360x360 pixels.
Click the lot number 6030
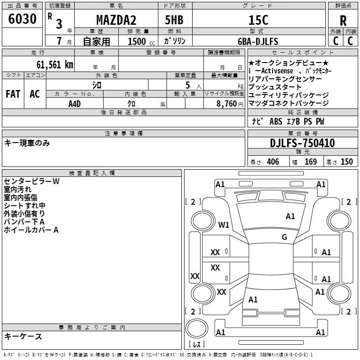(x=22, y=19)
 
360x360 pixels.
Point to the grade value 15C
(x=258, y=20)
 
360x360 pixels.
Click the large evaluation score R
(x=343, y=21)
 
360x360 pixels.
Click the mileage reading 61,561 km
(x=52, y=64)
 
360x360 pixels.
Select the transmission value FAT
(x=13, y=94)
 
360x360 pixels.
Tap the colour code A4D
(x=75, y=103)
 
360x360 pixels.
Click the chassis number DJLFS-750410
(x=302, y=143)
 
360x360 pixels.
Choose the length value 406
(x=273, y=162)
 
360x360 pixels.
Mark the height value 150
(x=346, y=162)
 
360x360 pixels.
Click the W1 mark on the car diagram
(x=224, y=225)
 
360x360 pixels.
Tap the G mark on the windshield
(x=284, y=237)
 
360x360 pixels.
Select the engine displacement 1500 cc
(x=138, y=41)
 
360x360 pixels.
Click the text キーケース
(x=23, y=336)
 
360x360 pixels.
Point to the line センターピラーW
(x=31, y=181)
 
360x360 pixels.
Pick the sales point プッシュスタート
(x=275, y=87)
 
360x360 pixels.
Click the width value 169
(x=310, y=162)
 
